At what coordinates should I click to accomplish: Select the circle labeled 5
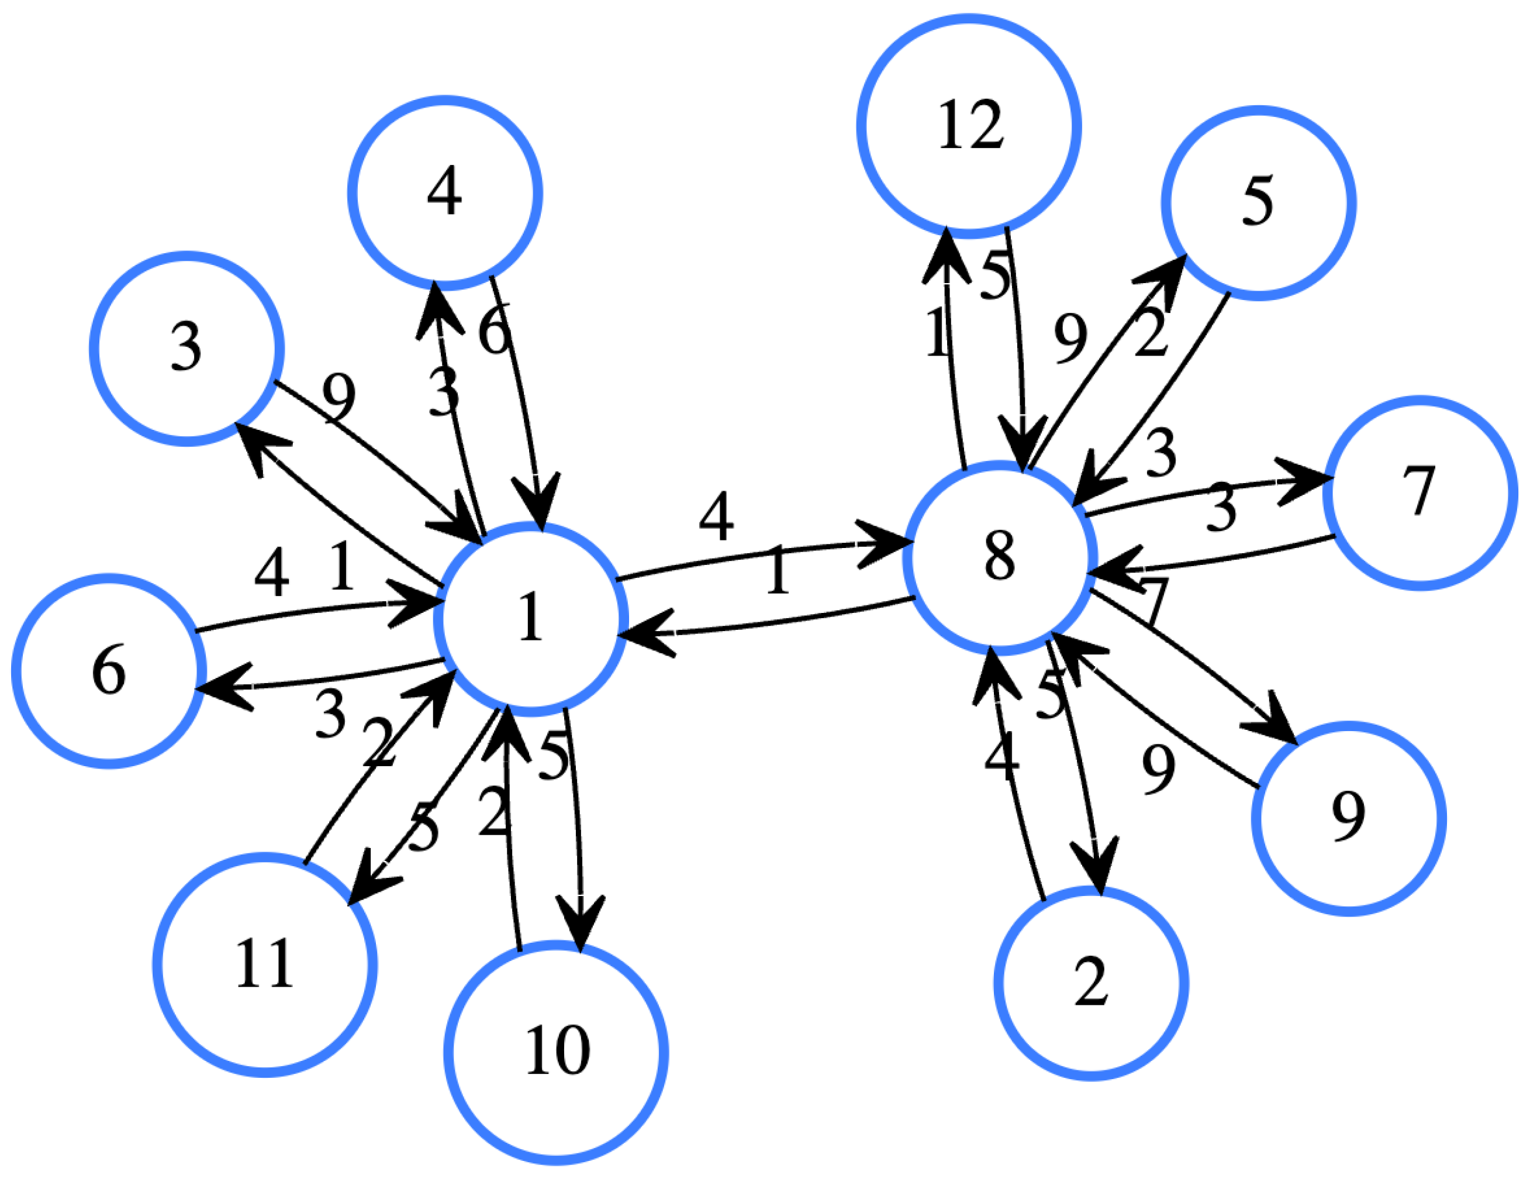tap(1258, 202)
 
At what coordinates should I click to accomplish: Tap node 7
tap(1420, 493)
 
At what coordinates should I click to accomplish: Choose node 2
tap(1091, 983)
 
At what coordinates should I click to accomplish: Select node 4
tap(445, 192)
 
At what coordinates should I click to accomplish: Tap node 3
tap(187, 348)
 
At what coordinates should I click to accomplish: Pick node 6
tap(109, 670)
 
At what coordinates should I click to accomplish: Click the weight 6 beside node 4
tap(495, 329)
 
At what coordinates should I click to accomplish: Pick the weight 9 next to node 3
tap(339, 396)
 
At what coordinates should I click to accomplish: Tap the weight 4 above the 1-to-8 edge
tap(717, 516)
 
